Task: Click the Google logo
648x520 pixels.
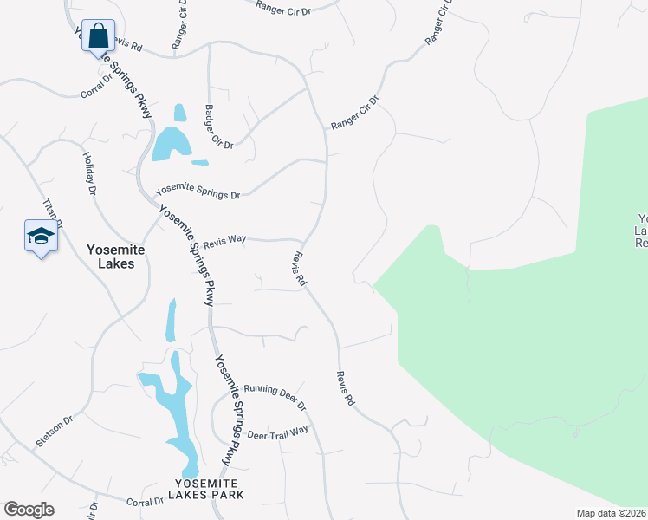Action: pyautogui.click(x=29, y=510)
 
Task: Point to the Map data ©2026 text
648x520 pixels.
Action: pyautogui.click(x=612, y=513)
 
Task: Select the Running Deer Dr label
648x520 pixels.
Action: pyautogui.click(x=275, y=396)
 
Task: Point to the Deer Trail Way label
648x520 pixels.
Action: pyautogui.click(x=277, y=432)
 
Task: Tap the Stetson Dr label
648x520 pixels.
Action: pyautogui.click(x=54, y=431)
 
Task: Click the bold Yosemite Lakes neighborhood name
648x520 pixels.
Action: pyautogui.click(x=116, y=256)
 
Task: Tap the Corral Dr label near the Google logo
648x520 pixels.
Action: pyautogui.click(x=145, y=501)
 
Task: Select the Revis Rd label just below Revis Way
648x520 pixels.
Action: pyautogui.click(x=299, y=269)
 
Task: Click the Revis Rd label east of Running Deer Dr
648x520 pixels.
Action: pyautogui.click(x=346, y=388)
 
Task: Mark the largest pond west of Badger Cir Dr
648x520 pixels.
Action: pyautogui.click(x=171, y=143)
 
